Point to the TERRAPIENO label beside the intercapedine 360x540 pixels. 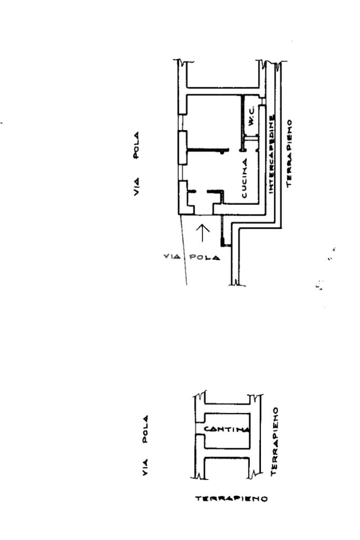[x=289, y=153]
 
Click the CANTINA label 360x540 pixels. [x=226, y=429]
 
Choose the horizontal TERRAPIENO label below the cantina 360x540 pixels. [x=231, y=498]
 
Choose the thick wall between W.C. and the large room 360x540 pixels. [x=241, y=119]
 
